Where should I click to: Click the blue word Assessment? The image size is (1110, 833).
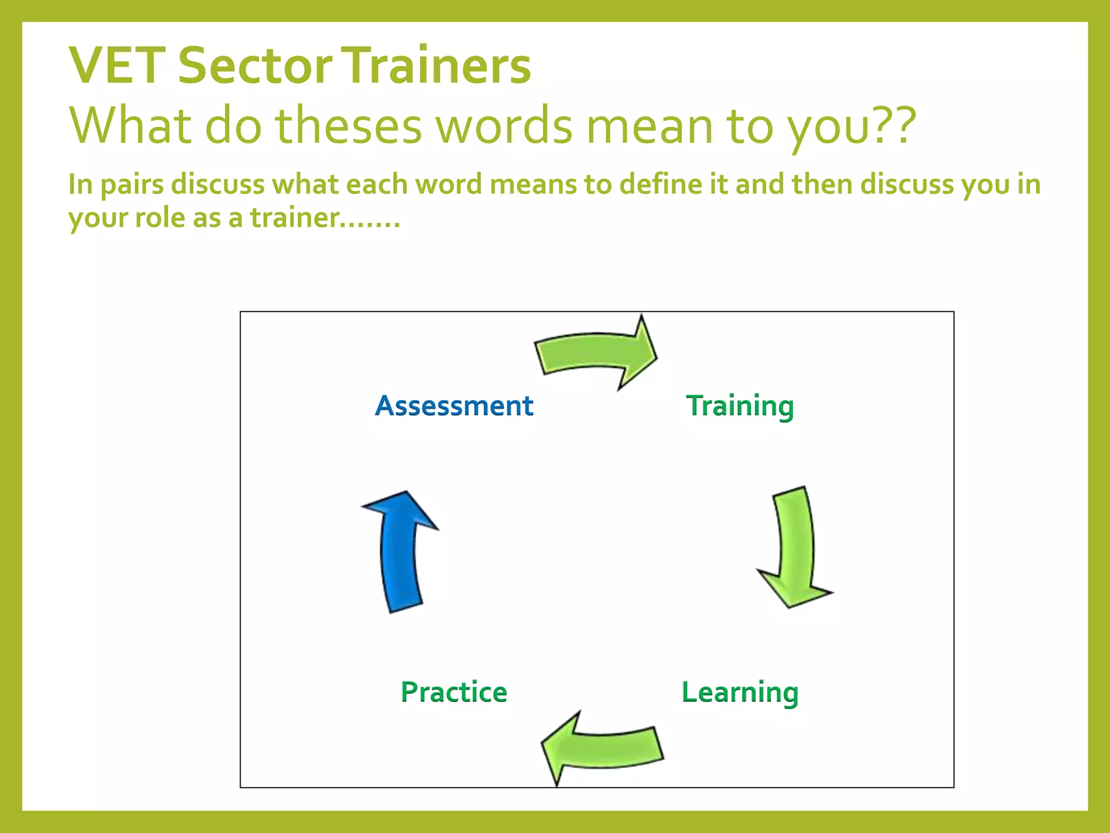(454, 406)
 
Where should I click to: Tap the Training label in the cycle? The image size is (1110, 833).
(740, 406)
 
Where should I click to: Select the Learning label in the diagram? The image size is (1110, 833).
(740, 693)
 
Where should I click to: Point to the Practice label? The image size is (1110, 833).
(454, 692)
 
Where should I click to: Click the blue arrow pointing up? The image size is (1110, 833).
(401, 553)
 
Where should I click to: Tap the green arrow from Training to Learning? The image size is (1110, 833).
(795, 548)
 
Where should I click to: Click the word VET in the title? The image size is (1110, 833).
(117, 66)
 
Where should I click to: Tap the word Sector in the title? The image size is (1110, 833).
(255, 66)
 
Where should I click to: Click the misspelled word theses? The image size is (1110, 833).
(349, 126)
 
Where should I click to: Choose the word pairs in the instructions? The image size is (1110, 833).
(132, 185)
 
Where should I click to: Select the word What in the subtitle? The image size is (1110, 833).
(131, 126)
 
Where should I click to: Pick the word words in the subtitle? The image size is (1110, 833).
(504, 126)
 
